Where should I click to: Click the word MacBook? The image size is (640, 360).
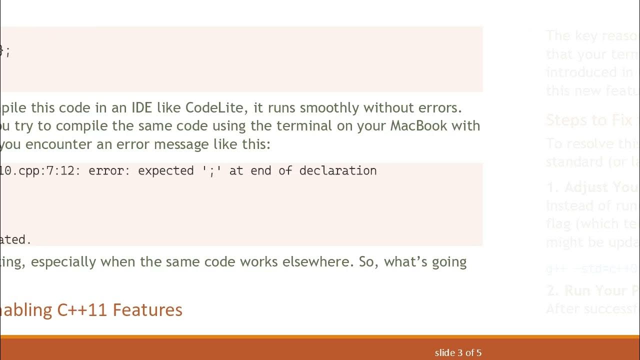(x=418, y=125)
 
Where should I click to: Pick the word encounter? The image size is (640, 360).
(x=80, y=144)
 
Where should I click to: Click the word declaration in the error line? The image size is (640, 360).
(x=337, y=170)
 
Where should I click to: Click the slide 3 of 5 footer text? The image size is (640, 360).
(x=458, y=353)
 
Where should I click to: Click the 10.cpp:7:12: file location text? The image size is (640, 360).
(x=40, y=170)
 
